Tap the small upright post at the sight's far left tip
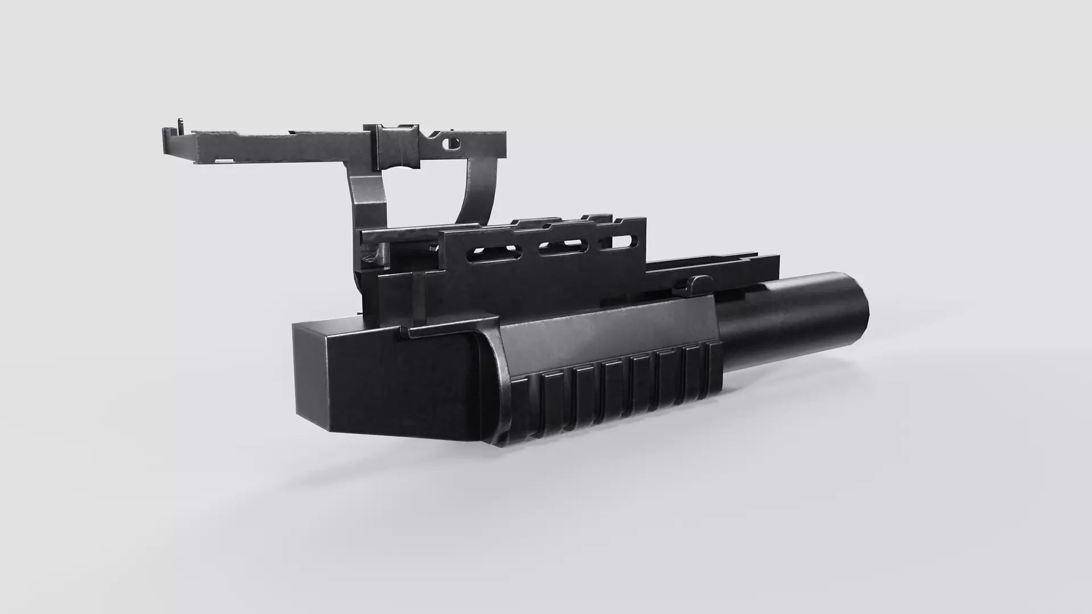[x=180, y=123]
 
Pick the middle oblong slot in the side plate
[x=563, y=246]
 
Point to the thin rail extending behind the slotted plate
[x=717, y=267]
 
